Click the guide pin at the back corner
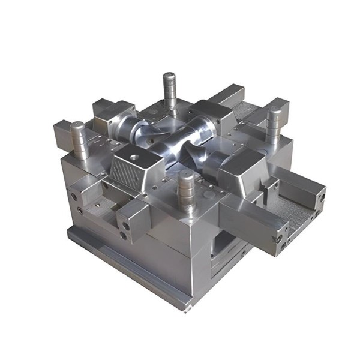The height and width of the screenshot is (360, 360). tap(169, 90)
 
